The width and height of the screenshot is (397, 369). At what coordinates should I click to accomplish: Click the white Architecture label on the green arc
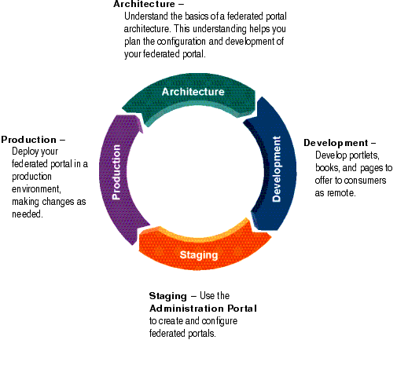tap(193, 92)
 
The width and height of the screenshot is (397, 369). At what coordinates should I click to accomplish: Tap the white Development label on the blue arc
tap(277, 169)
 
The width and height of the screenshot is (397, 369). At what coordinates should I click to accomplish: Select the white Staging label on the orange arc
tap(198, 255)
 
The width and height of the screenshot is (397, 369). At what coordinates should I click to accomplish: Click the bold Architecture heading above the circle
tap(142, 5)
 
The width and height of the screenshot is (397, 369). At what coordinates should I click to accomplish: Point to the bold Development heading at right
tap(335, 143)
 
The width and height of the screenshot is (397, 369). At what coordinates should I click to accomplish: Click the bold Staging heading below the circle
tap(167, 296)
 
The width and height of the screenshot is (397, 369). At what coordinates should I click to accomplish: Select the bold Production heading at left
tap(28, 139)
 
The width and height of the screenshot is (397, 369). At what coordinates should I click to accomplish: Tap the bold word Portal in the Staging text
tap(241, 309)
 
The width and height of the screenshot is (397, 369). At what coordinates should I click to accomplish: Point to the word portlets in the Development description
tap(359, 155)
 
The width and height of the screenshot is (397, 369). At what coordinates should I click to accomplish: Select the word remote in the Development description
tap(342, 193)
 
